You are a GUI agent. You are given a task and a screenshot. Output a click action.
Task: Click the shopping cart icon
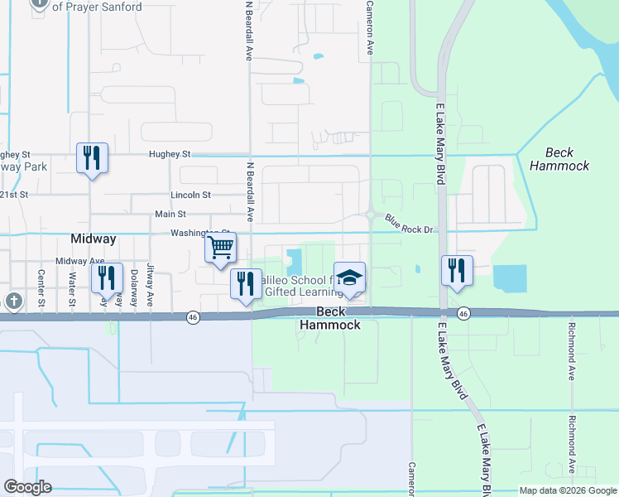click(221, 248)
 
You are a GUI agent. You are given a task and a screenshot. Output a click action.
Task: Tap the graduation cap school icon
click(349, 277)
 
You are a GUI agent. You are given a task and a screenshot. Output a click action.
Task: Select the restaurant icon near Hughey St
click(92, 157)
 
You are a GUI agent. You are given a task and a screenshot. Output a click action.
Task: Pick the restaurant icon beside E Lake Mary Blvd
click(456, 269)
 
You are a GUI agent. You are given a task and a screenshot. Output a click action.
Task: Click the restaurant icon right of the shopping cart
click(246, 283)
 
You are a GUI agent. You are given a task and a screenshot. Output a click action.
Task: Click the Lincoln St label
click(190, 195)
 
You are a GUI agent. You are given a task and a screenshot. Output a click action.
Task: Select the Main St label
click(170, 214)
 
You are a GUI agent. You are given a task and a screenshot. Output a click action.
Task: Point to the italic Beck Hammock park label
click(560, 159)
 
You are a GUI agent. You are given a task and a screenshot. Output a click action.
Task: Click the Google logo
click(28, 487)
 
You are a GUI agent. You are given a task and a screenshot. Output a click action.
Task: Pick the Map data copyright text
click(568, 490)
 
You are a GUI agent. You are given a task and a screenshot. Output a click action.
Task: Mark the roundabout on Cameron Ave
click(370, 215)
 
